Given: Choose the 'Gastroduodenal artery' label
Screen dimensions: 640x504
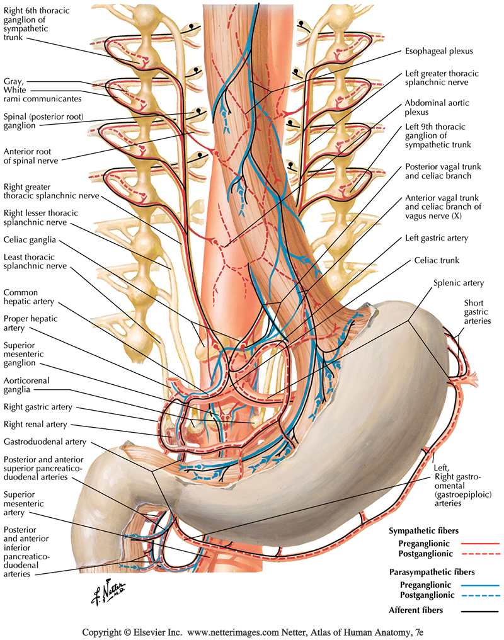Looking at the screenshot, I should tap(44, 442).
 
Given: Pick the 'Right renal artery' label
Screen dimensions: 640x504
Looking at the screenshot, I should tap(35, 425).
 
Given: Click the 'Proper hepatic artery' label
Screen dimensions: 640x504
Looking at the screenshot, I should tap(30, 323).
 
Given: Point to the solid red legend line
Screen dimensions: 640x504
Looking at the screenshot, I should tap(479, 542).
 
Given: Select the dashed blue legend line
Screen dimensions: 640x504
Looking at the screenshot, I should tap(479, 595).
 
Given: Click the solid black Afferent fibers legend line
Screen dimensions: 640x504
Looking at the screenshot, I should tap(479, 610).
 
